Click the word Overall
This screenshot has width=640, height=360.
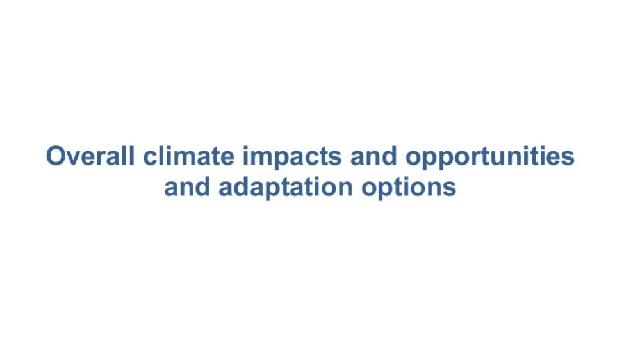pos(90,156)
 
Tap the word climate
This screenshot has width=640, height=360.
pos(188,156)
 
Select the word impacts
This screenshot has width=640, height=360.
pos(292,157)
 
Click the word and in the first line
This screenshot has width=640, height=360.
pos(373,156)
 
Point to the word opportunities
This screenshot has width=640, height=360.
pos(490,157)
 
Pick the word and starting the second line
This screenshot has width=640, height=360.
pos(187,186)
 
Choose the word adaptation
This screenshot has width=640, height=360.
pos(286,188)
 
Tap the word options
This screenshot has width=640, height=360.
pos(409,188)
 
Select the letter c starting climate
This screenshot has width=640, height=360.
pos(150,158)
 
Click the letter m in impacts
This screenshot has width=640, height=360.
pos(261,158)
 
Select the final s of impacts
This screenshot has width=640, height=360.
pos(334,158)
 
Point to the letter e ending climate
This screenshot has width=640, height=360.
pos(227,158)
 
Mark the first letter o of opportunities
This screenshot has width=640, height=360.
pos(413,158)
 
